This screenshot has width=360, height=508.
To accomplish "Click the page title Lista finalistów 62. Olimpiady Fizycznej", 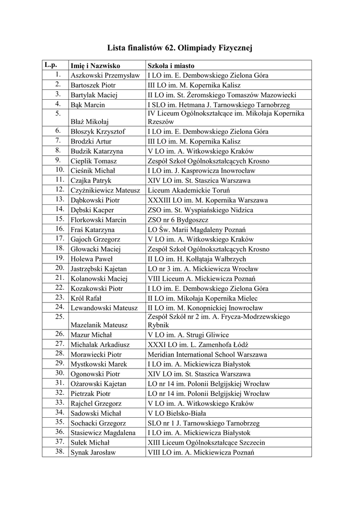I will click(180, 48).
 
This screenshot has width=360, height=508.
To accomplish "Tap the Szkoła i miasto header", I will click(171, 65).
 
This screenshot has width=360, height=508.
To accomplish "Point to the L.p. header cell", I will click(51, 65).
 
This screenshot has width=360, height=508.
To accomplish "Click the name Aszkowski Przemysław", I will click(105, 75).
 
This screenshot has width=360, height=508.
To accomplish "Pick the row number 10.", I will click(58, 170).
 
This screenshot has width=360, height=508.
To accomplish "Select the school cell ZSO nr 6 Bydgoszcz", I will click(178, 220).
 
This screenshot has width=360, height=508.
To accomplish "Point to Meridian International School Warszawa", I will click(207, 354).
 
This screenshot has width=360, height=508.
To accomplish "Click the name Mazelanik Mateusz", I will click(99, 325).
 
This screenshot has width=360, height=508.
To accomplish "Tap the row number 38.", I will click(58, 452).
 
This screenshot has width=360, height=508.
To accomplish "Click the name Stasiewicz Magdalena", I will click(103, 433).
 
